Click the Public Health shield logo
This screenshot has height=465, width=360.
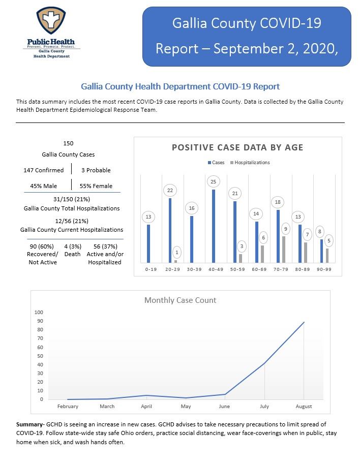point(51,20)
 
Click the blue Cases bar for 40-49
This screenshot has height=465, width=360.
point(214,226)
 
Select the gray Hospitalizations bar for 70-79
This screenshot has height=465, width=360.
point(284,250)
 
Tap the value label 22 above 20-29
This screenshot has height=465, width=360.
point(170,191)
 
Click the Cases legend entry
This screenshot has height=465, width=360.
point(216,163)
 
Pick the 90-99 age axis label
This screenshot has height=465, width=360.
point(324,269)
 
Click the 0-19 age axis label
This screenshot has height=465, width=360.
point(151,269)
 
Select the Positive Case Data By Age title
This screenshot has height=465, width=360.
point(238,147)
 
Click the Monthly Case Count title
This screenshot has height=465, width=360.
point(181,300)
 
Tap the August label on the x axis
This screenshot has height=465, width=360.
point(304,406)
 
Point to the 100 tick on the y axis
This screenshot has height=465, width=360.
point(39,312)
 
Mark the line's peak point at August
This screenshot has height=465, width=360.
point(304,322)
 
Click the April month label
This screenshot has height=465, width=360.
point(146,406)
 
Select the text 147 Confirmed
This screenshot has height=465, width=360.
point(44,170)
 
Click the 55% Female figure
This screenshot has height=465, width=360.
point(96,186)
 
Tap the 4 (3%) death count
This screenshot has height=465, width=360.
point(73,246)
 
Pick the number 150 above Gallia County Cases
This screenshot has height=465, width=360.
point(68,143)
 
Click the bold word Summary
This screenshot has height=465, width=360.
point(29,424)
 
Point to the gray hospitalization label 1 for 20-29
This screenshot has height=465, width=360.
point(177,253)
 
